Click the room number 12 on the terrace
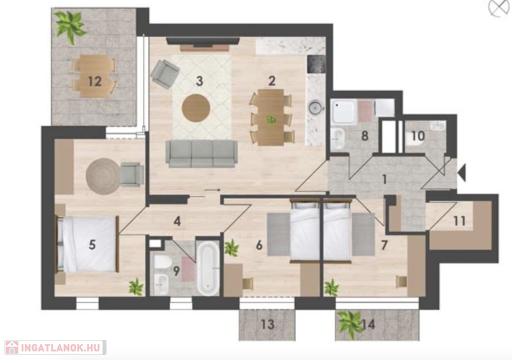94,81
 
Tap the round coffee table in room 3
196,108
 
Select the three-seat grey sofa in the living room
201,153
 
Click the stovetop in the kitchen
316,64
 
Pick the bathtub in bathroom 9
208,268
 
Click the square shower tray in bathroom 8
343,112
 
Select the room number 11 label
459,221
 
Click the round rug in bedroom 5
103,176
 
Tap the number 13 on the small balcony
267,324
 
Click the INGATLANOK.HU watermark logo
55,347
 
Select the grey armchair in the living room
165,74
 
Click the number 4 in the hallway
177,221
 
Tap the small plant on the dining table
270,120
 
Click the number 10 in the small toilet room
418,136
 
